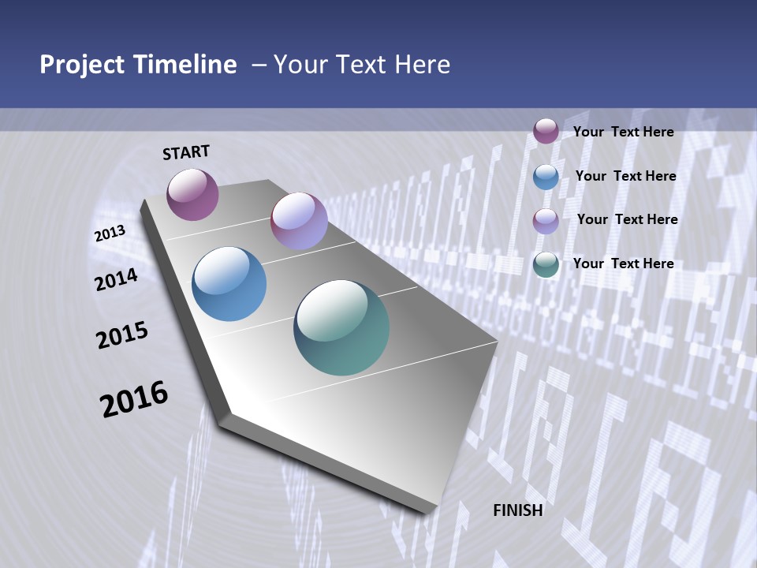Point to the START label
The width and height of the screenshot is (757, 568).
click(186, 152)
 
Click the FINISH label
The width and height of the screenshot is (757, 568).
click(518, 510)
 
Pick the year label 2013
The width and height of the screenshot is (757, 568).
click(110, 234)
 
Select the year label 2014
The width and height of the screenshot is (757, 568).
click(117, 279)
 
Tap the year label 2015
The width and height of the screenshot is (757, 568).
click(122, 336)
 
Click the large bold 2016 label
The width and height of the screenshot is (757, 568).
click(134, 399)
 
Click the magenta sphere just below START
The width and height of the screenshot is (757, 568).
click(192, 194)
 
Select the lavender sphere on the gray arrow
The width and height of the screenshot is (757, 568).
click(299, 222)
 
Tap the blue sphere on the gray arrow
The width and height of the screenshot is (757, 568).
click(229, 284)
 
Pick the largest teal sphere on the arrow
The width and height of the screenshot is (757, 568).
click(341, 327)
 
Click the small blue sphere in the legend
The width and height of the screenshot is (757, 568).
click(546, 177)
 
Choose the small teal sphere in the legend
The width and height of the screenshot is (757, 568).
click(546, 264)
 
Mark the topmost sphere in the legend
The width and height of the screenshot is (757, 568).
click(546, 131)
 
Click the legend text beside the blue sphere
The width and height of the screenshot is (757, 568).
click(625, 176)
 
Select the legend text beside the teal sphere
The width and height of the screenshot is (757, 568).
click(623, 263)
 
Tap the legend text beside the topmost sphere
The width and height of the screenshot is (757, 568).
click(623, 132)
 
